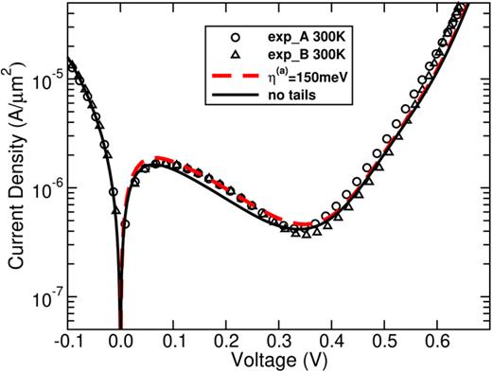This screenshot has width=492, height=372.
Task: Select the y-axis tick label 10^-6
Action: (x=47, y=188)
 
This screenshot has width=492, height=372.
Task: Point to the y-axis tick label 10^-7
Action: (x=47, y=298)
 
